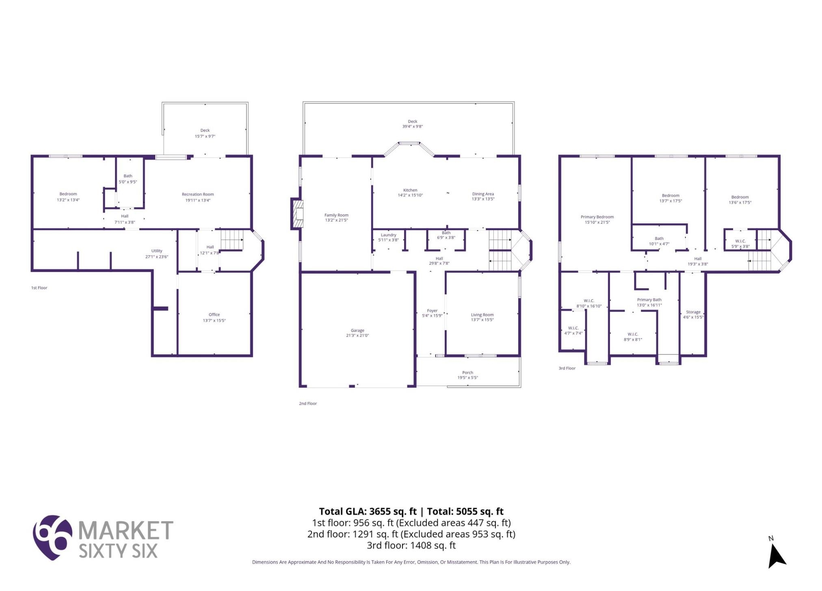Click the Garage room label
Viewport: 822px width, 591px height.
(x=357, y=330)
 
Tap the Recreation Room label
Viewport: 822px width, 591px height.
(x=198, y=194)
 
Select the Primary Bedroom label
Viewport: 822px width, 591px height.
(x=597, y=217)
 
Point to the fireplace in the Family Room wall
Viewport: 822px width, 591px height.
(x=297, y=214)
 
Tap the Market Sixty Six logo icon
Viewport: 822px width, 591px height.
(x=52, y=537)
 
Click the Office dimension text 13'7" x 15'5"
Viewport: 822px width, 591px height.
(x=214, y=321)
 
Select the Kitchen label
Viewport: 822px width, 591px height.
(x=410, y=190)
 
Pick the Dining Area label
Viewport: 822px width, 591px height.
(x=483, y=194)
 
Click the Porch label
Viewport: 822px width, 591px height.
(x=467, y=373)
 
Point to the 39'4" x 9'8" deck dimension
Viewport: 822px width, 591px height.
(x=413, y=127)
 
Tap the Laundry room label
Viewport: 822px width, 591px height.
(x=389, y=235)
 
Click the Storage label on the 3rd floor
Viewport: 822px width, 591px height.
(x=693, y=312)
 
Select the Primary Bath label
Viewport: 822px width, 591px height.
(x=649, y=300)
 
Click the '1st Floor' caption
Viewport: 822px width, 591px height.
(x=39, y=288)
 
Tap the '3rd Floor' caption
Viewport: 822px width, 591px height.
(x=567, y=369)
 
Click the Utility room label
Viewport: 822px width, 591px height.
(x=157, y=251)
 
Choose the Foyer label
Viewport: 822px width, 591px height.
(x=432, y=311)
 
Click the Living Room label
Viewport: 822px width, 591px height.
(x=482, y=315)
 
